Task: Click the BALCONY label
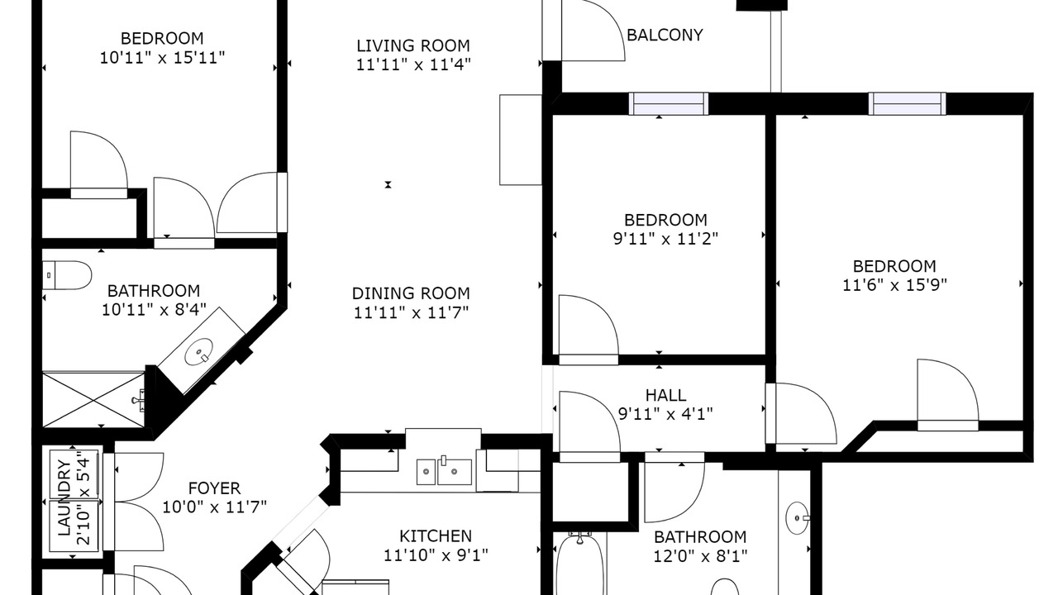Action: coord(665,35)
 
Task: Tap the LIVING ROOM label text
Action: coord(413,45)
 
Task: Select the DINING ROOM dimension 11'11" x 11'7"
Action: coord(411,312)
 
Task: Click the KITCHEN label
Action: coord(436,536)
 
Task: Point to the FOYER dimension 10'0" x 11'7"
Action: coord(214,507)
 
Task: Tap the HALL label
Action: coord(665,395)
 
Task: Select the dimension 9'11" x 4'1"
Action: coord(665,414)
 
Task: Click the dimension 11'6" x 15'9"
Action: coord(894,285)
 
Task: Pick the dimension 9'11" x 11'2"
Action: coord(665,239)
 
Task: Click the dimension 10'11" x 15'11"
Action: coord(162,58)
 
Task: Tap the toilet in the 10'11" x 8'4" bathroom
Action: coord(67,275)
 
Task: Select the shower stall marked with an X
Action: coord(94,399)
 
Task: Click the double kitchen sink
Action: coord(444,471)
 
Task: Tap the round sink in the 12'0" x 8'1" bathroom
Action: coord(798,518)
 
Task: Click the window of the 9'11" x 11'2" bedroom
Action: coord(669,104)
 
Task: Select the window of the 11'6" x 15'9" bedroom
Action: coord(907,104)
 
